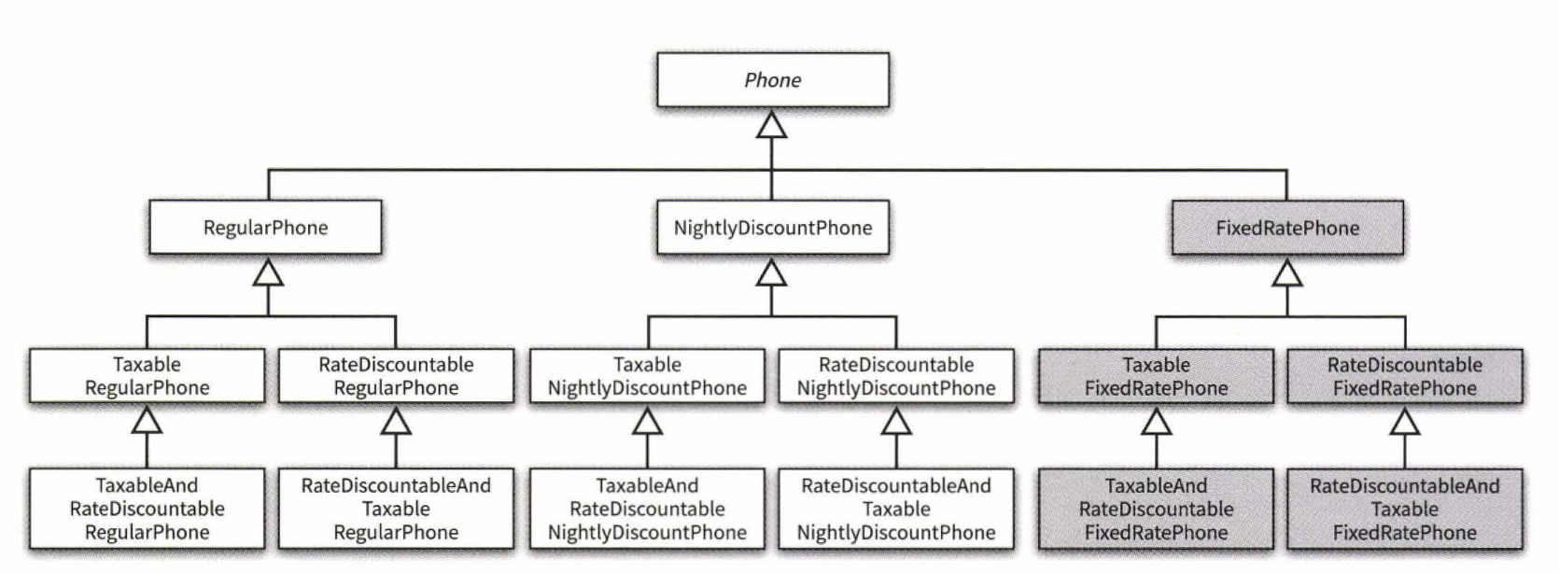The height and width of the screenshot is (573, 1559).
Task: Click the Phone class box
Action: point(772,80)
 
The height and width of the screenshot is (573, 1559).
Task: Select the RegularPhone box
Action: point(266,228)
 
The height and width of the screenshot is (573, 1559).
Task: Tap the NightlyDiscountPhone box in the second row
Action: point(772,228)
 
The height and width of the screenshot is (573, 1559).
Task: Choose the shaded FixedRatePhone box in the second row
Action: point(1287,228)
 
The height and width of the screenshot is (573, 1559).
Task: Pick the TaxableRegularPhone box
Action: point(147,376)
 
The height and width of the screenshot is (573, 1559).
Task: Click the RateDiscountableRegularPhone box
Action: point(396,376)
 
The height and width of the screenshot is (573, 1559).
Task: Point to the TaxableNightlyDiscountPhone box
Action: point(647,376)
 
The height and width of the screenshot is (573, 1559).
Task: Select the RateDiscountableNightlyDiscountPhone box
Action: point(896,376)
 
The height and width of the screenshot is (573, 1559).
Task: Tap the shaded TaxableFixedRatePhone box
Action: point(1156,376)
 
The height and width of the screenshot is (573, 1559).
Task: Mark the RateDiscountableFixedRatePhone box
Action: point(1404,376)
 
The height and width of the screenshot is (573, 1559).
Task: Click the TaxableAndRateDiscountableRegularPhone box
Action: point(147,509)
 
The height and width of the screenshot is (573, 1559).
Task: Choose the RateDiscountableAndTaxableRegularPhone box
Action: point(396,509)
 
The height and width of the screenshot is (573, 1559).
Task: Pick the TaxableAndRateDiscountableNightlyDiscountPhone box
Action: point(647,509)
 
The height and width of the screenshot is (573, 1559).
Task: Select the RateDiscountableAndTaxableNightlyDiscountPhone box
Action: point(896,509)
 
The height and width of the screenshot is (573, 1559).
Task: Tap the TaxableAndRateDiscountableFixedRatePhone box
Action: point(1156,509)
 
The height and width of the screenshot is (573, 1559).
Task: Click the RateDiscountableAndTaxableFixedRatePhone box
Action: point(1404,509)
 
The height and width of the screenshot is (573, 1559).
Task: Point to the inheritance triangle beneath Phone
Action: point(771,125)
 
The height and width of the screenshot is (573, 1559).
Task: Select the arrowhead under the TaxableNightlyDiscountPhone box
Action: point(647,422)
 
